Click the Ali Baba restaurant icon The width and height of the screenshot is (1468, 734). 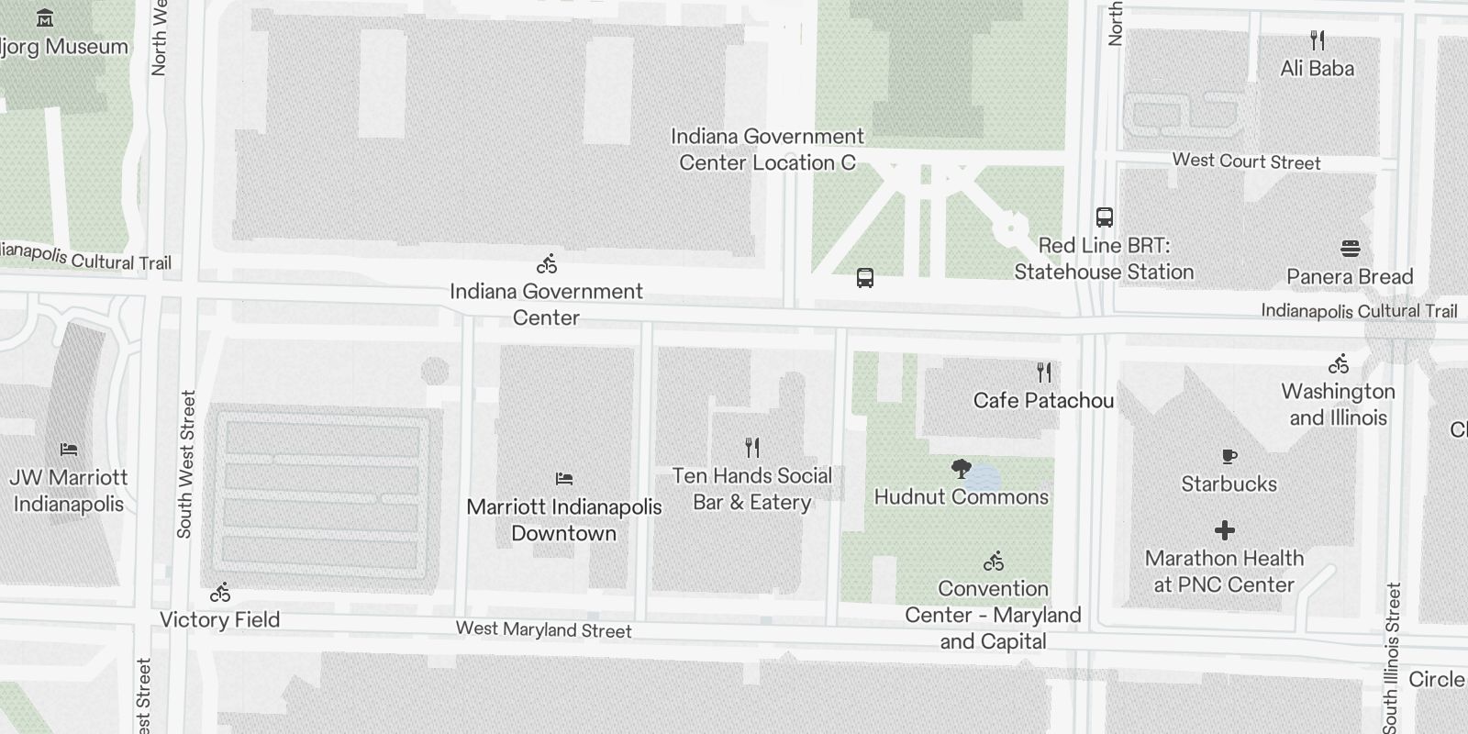point(1318,40)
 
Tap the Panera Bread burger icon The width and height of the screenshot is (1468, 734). point(1350,248)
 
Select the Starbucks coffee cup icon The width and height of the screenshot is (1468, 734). point(1229,456)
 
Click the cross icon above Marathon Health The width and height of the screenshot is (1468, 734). point(1224,530)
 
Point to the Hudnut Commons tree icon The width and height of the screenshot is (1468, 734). point(961,470)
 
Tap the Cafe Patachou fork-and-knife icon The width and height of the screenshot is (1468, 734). point(1044,373)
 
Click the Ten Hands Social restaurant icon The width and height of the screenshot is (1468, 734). point(752,448)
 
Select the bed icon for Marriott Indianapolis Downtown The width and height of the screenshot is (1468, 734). point(564,479)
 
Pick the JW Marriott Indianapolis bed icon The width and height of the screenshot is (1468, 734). point(69,450)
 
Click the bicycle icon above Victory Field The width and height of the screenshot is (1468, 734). point(220,593)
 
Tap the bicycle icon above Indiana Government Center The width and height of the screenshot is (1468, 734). point(547,264)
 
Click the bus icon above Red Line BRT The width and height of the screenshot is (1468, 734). point(1105,217)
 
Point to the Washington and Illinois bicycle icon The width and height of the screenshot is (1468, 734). point(1339,364)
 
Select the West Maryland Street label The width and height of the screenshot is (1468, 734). point(544,629)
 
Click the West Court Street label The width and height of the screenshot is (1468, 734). point(1246,161)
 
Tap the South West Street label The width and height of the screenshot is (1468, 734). point(185,464)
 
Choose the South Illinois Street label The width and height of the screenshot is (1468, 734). point(1393,657)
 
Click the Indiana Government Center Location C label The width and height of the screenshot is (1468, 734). point(767,150)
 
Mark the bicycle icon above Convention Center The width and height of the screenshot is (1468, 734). point(994,561)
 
